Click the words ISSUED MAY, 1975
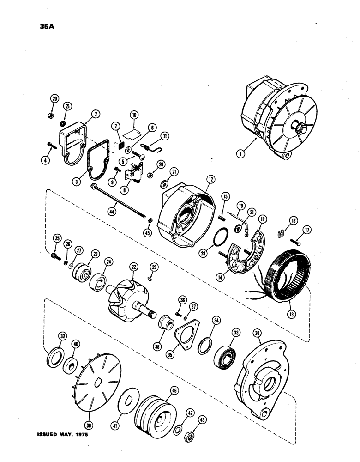coord(61,435)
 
